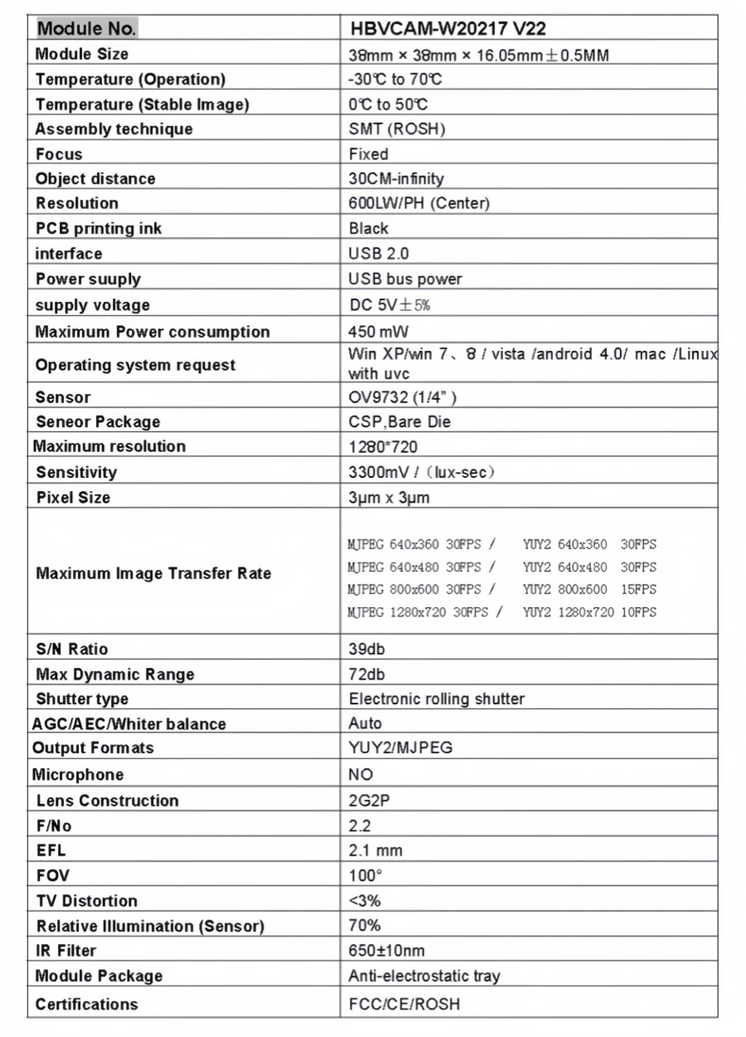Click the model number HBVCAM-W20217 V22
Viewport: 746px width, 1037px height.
[448, 29]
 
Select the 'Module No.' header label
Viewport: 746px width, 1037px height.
[85, 29]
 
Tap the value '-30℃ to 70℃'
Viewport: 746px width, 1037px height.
[395, 80]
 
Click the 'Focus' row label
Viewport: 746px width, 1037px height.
[59, 154]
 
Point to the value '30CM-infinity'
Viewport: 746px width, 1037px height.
[396, 179]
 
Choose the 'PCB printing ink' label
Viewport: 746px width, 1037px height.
[99, 229]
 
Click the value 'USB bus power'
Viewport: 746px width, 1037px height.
[405, 279]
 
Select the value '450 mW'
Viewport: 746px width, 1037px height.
[373, 332]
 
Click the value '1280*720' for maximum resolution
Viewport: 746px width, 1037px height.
[383, 446]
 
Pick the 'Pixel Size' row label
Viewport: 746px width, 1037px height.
[73, 498]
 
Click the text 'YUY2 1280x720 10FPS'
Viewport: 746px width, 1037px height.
[589, 612]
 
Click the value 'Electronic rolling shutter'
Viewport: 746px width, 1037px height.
[437, 699]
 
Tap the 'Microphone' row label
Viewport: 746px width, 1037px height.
[78, 775]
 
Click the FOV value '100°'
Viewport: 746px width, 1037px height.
[366, 875]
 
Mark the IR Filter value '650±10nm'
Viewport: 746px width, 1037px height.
[386, 951]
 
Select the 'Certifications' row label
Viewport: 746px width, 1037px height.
[87, 1005]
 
